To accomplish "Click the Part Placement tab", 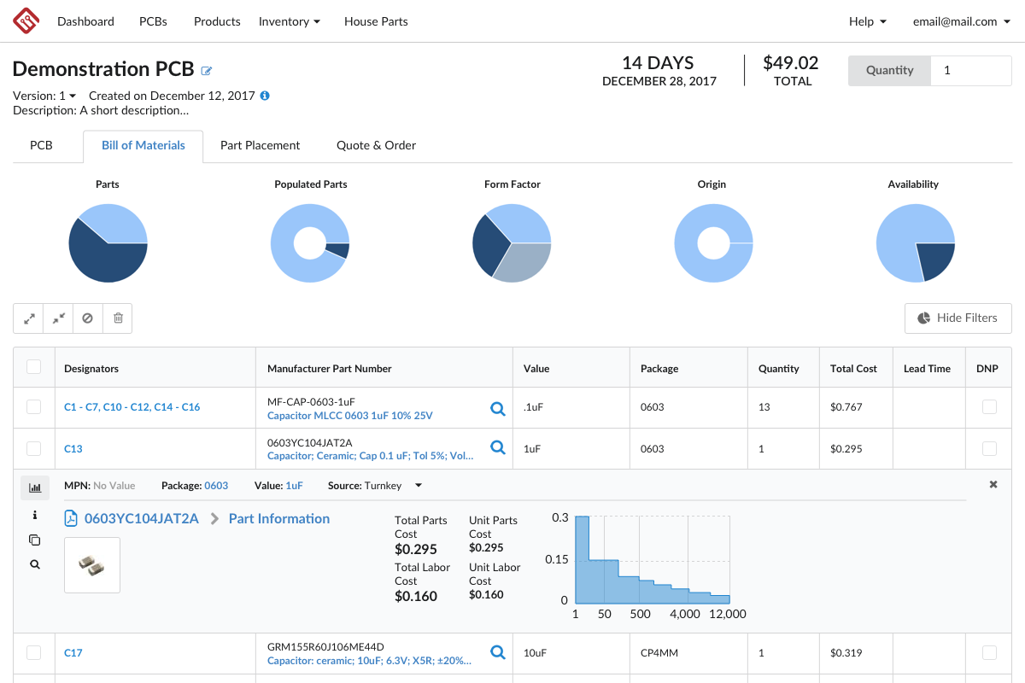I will point(260,146).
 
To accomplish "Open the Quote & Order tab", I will point(376,146).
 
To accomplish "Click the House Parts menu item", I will point(376,21).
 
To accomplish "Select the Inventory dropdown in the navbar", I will point(289,21).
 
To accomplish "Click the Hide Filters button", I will point(958,318).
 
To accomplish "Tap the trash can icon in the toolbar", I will point(118,318).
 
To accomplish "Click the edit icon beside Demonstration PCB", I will point(207,71).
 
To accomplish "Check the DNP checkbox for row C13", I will point(989,448).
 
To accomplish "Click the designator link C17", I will point(73,653).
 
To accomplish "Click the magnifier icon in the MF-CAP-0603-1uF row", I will point(498,408).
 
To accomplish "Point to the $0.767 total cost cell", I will point(847,407).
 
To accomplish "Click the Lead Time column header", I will point(927,369).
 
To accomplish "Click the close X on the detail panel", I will point(993,485).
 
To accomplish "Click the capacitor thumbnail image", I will point(92,564).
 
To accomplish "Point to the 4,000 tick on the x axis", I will point(685,614).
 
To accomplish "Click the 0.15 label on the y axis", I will point(557,560).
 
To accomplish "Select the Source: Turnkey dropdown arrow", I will point(419,486).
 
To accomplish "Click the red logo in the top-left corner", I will point(26,21).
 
